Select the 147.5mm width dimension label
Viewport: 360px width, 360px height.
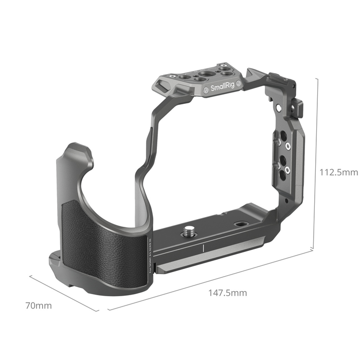click(x=227, y=293)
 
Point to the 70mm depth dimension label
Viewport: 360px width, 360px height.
click(x=39, y=305)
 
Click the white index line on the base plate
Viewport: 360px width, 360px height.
click(x=204, y=249)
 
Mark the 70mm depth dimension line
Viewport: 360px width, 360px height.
click(x=64, y=293)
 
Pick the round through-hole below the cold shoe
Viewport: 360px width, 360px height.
click(x=278, y=108)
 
